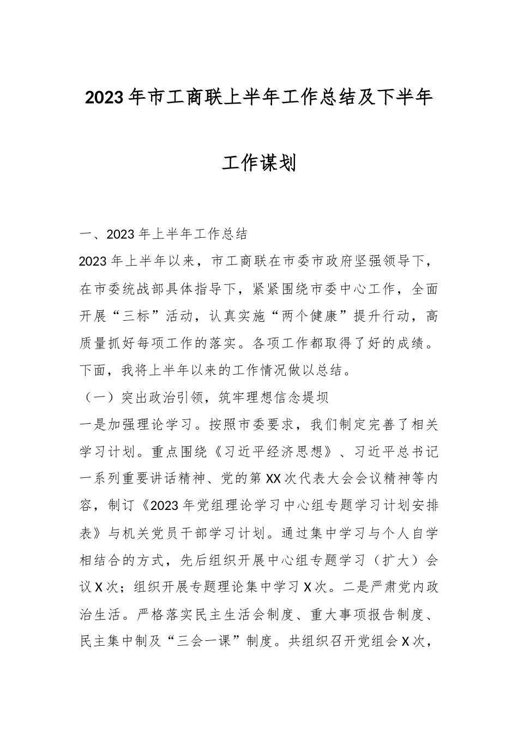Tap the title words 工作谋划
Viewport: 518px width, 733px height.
coord(258,162)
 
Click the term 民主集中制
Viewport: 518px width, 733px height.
coord(113,642)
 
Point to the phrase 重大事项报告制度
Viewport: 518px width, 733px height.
coord(365,615)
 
